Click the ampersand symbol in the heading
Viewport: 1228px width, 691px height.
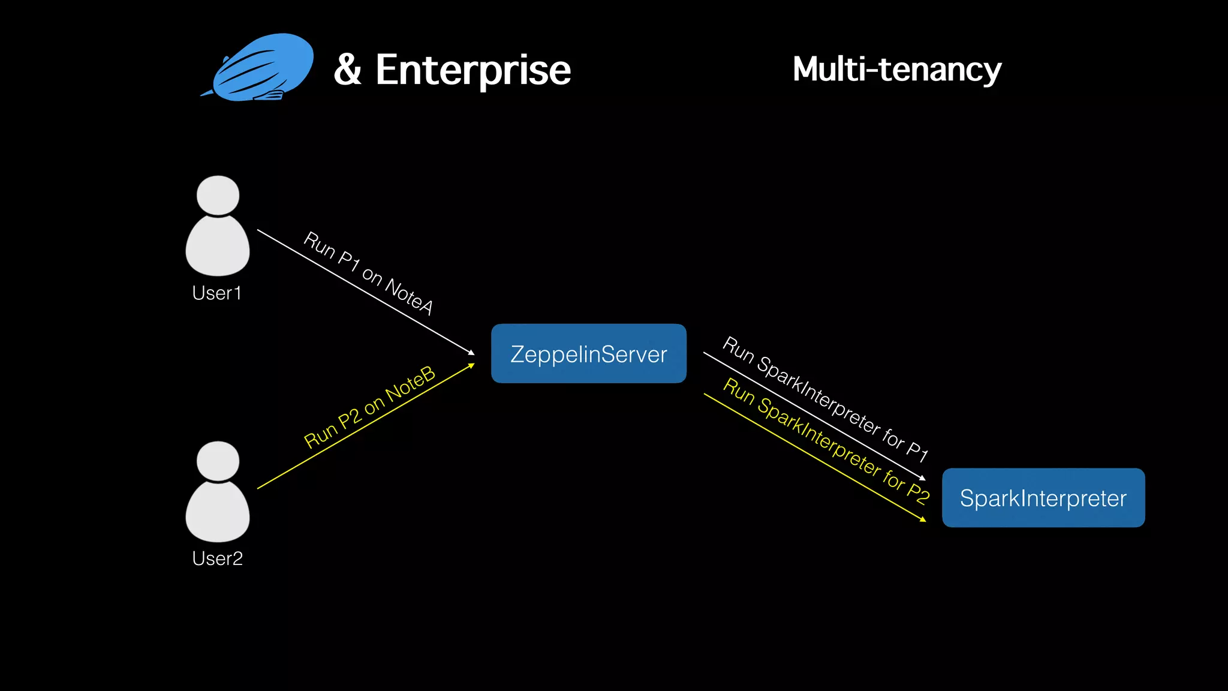pyautogui.click(x=348, y=70)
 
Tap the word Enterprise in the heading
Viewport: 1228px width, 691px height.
pyautogui.click(x=473, y=71)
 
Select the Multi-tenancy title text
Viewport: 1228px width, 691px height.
pyautogui.click(x=897, y=69)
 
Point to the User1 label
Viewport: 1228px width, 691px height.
pyautogui.click(x=217, y=293)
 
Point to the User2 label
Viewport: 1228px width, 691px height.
pyautogui.click(x=217, y=558)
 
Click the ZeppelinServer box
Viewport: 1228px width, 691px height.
pyautogui.click(x=588, y=354)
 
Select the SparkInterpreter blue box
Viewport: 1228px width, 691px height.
pyautogui.click(x=1043, y=498)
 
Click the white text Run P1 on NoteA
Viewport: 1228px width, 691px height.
pyautogui.click(x=368, y=272)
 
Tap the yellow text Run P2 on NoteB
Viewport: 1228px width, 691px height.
pyautogui.click(x=369, y=407)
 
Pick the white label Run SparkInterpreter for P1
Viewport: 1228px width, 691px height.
pyautogui.click(x=825, y=398)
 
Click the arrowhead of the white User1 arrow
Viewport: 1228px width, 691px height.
pyautogui.click(x=471, y=352)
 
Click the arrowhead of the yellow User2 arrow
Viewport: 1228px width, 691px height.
pyautogui.click(x=471, y=365)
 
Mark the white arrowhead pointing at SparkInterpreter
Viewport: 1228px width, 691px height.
pyautogui.click(x=923, y=478)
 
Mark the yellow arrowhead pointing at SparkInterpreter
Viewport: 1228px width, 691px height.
pyautogui.click(x=923, y=519)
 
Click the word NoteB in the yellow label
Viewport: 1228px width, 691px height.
pyautogui.click(x=410, y=384)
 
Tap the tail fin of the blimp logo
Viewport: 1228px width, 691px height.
pyautogui.click(x=207, y=93)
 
